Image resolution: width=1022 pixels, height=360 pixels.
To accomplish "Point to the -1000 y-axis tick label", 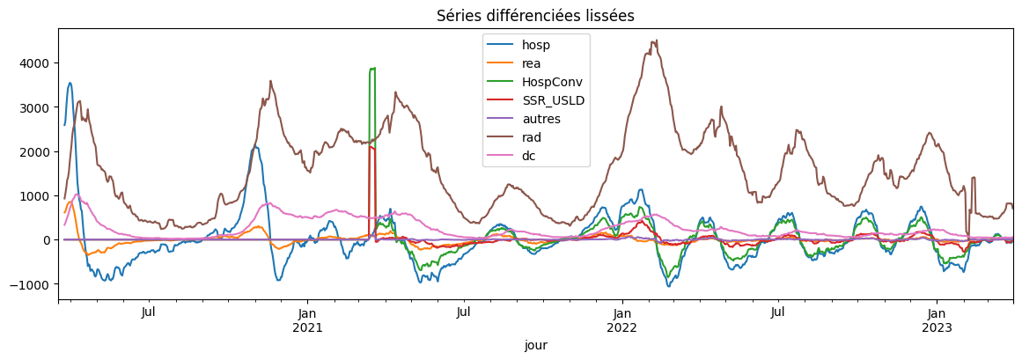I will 33,284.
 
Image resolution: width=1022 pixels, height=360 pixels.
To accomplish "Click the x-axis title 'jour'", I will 535,346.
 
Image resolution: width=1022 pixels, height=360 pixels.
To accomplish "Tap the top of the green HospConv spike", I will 372,69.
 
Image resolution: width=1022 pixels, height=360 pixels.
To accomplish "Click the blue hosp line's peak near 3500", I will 70,84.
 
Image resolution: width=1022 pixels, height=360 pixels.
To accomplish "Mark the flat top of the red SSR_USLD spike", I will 372,148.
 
